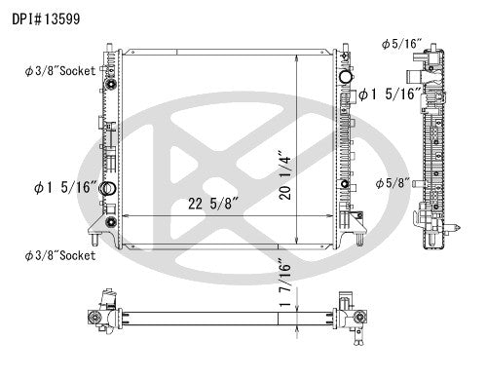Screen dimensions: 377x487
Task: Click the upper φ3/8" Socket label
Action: (60, 71)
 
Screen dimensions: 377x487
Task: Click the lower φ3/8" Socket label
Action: (60, 255)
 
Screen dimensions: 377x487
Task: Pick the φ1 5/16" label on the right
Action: (390, 94)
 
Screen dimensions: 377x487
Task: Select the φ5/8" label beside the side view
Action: (392, 182)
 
